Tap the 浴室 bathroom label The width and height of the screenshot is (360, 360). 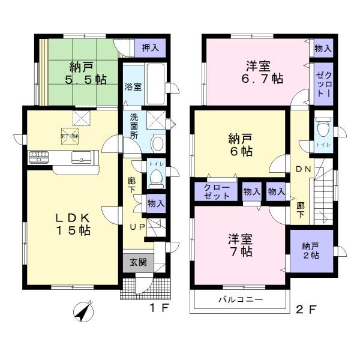[x=133, y=86]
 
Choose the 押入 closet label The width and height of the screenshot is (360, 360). [x=151, y=48]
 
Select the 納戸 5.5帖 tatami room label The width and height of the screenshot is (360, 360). [x=79, y=72]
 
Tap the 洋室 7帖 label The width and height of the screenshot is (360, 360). [x=239, y=244]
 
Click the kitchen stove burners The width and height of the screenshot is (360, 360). [x=39, y=157]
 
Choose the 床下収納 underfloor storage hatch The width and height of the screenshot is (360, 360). [x=70, y=136]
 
